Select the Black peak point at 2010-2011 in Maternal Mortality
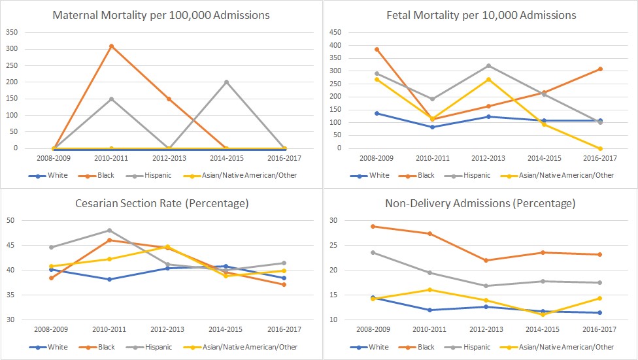[x=112, y=46]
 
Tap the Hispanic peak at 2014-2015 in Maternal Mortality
[x=226, y=82]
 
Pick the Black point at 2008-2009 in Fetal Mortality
[x=377, y=49]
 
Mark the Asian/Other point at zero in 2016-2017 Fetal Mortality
[x=600, y=148]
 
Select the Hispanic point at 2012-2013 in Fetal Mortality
[x=488, y=66]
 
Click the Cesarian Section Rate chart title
[x=160, y=203]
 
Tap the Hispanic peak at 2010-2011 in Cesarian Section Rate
[x=110, y=230]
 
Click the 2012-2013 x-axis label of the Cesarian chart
[x=167, y=331]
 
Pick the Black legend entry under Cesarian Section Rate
[x=92, y=348]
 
